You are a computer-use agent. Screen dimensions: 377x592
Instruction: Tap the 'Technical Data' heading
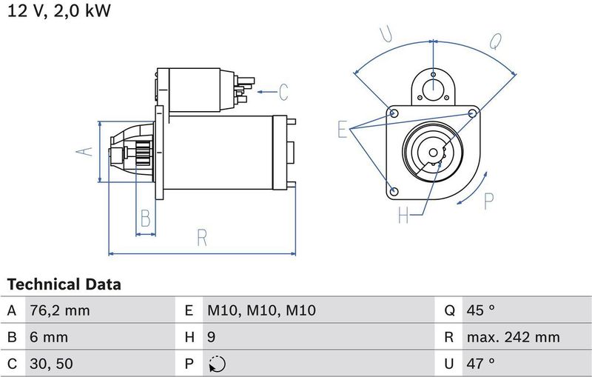click(x=64, y=284)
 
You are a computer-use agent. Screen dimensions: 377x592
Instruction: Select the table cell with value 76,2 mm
click(x=58, y=311)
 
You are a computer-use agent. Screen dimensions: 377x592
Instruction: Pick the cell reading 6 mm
click(x=49, y=338)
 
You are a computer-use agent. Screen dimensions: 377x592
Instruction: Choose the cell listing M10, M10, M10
click(x=261, y=311)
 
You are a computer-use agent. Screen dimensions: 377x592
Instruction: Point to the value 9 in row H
click(x=211, y=338)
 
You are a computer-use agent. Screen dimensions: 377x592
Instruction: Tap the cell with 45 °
click(x=480, y=311)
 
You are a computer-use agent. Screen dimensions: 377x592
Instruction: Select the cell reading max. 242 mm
click(x=513, y=338)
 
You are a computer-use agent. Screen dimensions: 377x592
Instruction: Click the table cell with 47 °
click(x=480, y=364)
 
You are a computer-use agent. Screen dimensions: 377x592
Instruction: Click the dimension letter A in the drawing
click(x=86, y=151)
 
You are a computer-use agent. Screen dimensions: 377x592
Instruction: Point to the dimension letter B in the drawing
click(x=146, y=218)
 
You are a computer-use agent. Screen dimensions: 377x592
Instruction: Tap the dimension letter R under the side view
click(x=202, y=238)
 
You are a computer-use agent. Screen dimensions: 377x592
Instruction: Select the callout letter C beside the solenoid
click(x=283, y=93)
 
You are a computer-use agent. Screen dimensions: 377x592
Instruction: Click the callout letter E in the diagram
click(x=343, y=130)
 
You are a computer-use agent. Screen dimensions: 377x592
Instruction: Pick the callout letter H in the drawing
click(x=403, y=216)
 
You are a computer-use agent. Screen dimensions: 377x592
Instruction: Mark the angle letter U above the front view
click(x=385, y=35)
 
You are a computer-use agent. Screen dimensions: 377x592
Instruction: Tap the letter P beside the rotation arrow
click(x=488, y=200)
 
